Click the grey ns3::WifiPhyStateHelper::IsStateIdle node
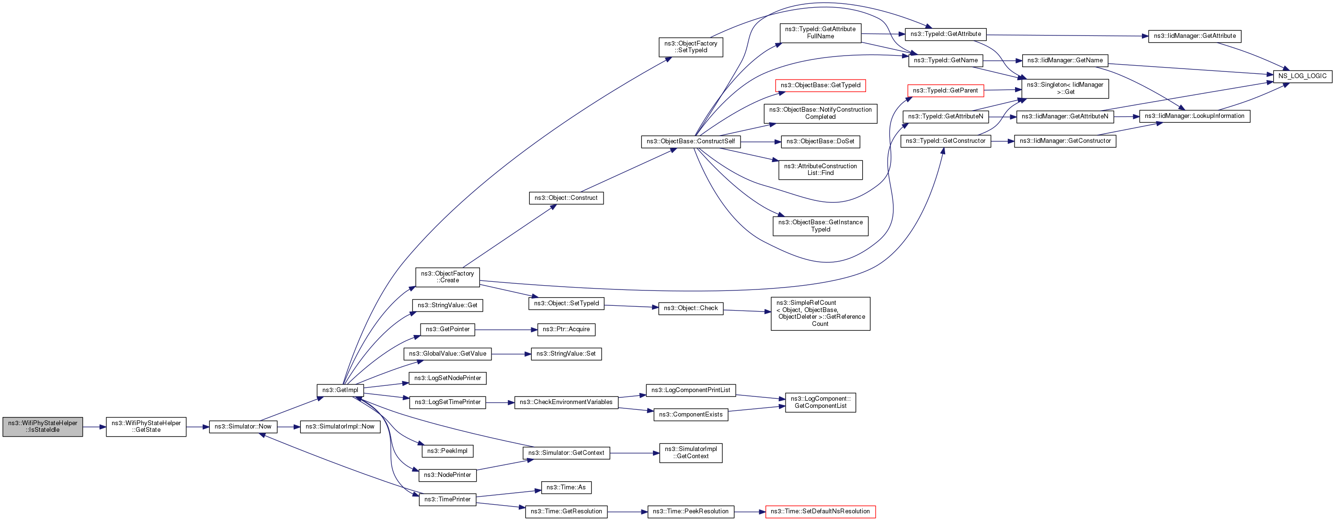(x=43, y=427)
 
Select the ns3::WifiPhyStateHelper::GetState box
(x=146, y=427)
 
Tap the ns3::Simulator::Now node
(x=243, y=427)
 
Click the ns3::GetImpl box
(x=340, y=390)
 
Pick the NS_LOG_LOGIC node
(x=1302, y=76)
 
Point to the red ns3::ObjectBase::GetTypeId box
(x=821, y=85)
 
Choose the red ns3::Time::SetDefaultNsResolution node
(x=820, y=512)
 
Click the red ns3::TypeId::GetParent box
(x=945, y=91)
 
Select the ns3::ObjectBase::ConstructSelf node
(x=690, y=141)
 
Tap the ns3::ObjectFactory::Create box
(x=447, y=277)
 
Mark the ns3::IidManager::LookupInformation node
(x=1195, y=116)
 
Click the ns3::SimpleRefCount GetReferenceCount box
(x=821, y=313)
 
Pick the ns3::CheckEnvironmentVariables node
(x=566, y=402)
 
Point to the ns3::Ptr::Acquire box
(x=566, y=330)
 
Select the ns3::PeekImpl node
(x=447, y=451)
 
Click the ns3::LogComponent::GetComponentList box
(x=821, y=403)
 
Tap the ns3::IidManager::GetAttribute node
(x=1195, y=36)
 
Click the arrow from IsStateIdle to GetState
(x=94, y=427)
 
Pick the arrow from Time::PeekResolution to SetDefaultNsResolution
(x=749, y=512)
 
